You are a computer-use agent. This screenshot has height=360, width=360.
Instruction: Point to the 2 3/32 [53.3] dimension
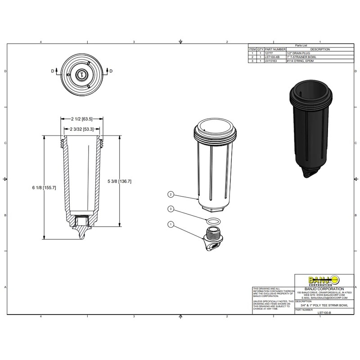82,129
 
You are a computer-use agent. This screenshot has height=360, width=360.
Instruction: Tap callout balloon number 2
171,194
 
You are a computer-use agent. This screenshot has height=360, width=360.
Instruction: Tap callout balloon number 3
171,209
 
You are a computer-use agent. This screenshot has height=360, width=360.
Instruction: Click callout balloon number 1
171,224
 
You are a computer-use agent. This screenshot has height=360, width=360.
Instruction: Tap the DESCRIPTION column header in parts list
319,49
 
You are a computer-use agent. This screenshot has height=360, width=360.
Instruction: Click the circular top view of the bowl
81,74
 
